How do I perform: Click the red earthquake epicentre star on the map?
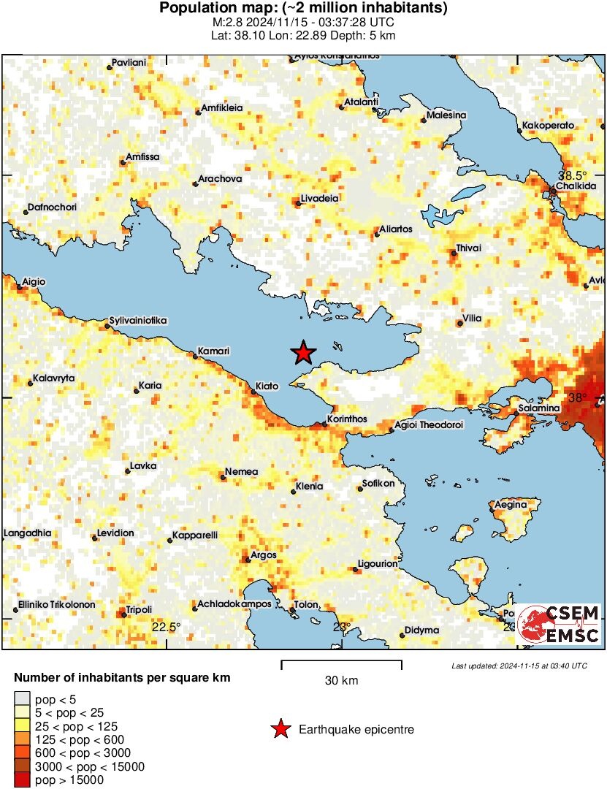coord(303,353)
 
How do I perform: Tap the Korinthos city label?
coord(348,419)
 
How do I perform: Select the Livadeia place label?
coord(319,198)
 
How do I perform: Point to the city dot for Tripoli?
coord(123,615)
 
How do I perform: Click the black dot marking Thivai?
coord(454,254)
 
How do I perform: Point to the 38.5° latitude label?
coord(573,175)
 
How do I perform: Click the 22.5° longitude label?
coord(166,627)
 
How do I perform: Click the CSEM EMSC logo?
coord(560,624)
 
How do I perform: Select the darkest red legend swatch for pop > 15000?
coord(23,780)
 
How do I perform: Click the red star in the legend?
coord(279,729)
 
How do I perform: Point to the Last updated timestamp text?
coord(519,666)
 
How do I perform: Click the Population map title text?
coord(303,9)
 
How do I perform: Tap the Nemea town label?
coord(242,472)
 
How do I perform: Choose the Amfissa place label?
coord(142,157)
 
